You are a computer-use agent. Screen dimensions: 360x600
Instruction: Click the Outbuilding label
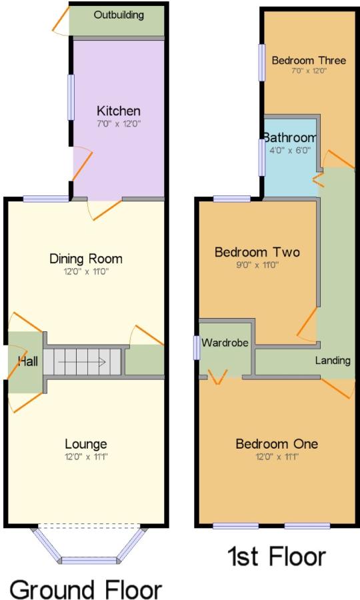point(119,15)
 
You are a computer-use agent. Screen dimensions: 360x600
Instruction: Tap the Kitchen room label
point(119,111)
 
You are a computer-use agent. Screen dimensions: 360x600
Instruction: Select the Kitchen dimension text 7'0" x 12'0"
point(119,124)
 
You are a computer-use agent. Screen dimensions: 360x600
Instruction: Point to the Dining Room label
point(86,259)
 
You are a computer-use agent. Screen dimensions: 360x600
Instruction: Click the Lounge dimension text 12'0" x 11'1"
point(86,457)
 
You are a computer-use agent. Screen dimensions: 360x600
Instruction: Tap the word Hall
point(28,361)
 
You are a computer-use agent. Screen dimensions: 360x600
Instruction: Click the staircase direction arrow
point(82,361)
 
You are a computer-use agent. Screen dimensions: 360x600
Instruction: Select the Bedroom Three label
point(309,61)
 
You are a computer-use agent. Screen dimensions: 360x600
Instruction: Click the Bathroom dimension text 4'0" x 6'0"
point(290,151)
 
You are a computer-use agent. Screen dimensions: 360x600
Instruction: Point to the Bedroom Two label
point(257,252)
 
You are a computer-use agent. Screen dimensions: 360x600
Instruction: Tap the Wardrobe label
point(225,343)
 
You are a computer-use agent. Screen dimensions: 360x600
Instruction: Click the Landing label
point(333,361)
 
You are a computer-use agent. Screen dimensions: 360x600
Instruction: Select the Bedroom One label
point(277,444)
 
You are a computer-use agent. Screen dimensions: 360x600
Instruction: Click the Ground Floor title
point(86,589)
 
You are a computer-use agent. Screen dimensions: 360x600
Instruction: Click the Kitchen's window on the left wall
point(71,97)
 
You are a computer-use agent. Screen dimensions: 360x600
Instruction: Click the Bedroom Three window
point(262,63)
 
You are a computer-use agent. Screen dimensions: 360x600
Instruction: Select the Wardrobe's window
point(196,347)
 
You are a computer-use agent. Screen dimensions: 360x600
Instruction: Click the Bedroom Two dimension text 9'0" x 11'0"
point(257,265)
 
